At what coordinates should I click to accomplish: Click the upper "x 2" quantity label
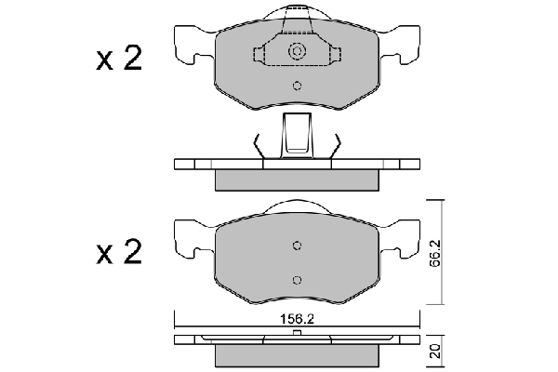point(118,60)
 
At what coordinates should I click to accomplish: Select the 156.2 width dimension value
point(297,315)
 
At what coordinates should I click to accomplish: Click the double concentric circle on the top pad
point(298,53)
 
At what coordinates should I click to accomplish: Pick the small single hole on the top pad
point(298,88)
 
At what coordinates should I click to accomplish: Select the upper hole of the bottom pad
point(298,246)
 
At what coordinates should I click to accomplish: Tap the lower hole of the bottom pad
point(298,279)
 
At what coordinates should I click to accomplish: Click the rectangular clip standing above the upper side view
point(298,133)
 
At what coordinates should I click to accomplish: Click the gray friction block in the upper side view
point(298,179)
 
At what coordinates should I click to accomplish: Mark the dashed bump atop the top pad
point(298,14)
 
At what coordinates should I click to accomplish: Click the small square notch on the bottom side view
point(298,331)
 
